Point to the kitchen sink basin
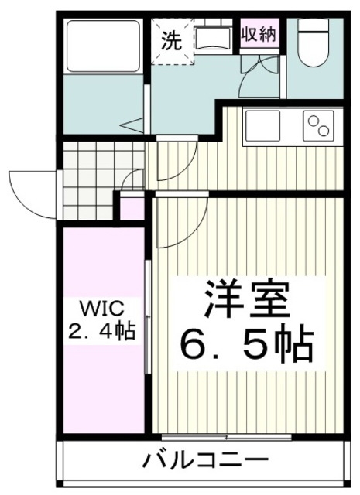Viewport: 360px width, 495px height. coord(262,127)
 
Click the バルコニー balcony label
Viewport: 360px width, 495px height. coord(204,461)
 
